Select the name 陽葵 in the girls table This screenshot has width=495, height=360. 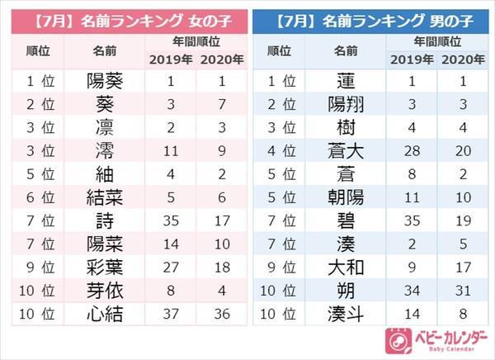pyautogui.click(x=106, y=82)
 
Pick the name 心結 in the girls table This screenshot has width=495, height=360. pyautogui.click(x=106, y=314)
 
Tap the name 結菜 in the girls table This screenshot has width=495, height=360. pyautogui.click(x=106, y=198)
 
